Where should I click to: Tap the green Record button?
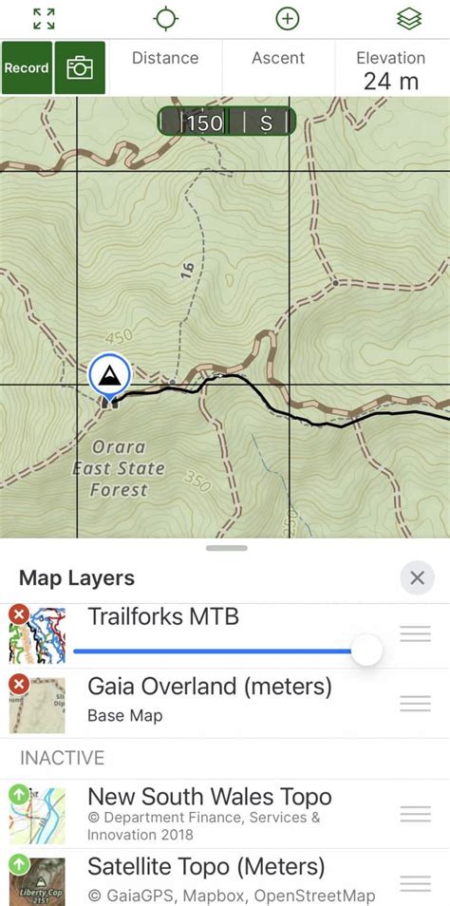tap(27, 68)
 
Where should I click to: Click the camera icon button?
tap(80, 68)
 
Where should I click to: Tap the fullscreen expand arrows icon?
tap(44, 18)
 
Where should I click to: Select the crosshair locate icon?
tap(166, 18)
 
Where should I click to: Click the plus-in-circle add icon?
tap(287, 18)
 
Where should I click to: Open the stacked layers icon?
tap(409, 18)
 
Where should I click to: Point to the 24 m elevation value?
tap(390, 82)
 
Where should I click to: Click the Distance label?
tap(164, 59)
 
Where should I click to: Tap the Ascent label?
tap(277, 59)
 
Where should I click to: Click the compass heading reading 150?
tap(204, 123)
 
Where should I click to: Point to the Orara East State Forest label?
tap(119, 468)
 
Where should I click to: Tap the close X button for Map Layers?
tap(417, 577)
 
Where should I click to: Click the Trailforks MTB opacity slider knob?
tap(366, 651)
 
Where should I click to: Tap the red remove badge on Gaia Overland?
tap(18, 684)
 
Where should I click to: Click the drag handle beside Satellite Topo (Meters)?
tap(415, 882)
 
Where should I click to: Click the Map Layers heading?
tap(77, 577)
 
